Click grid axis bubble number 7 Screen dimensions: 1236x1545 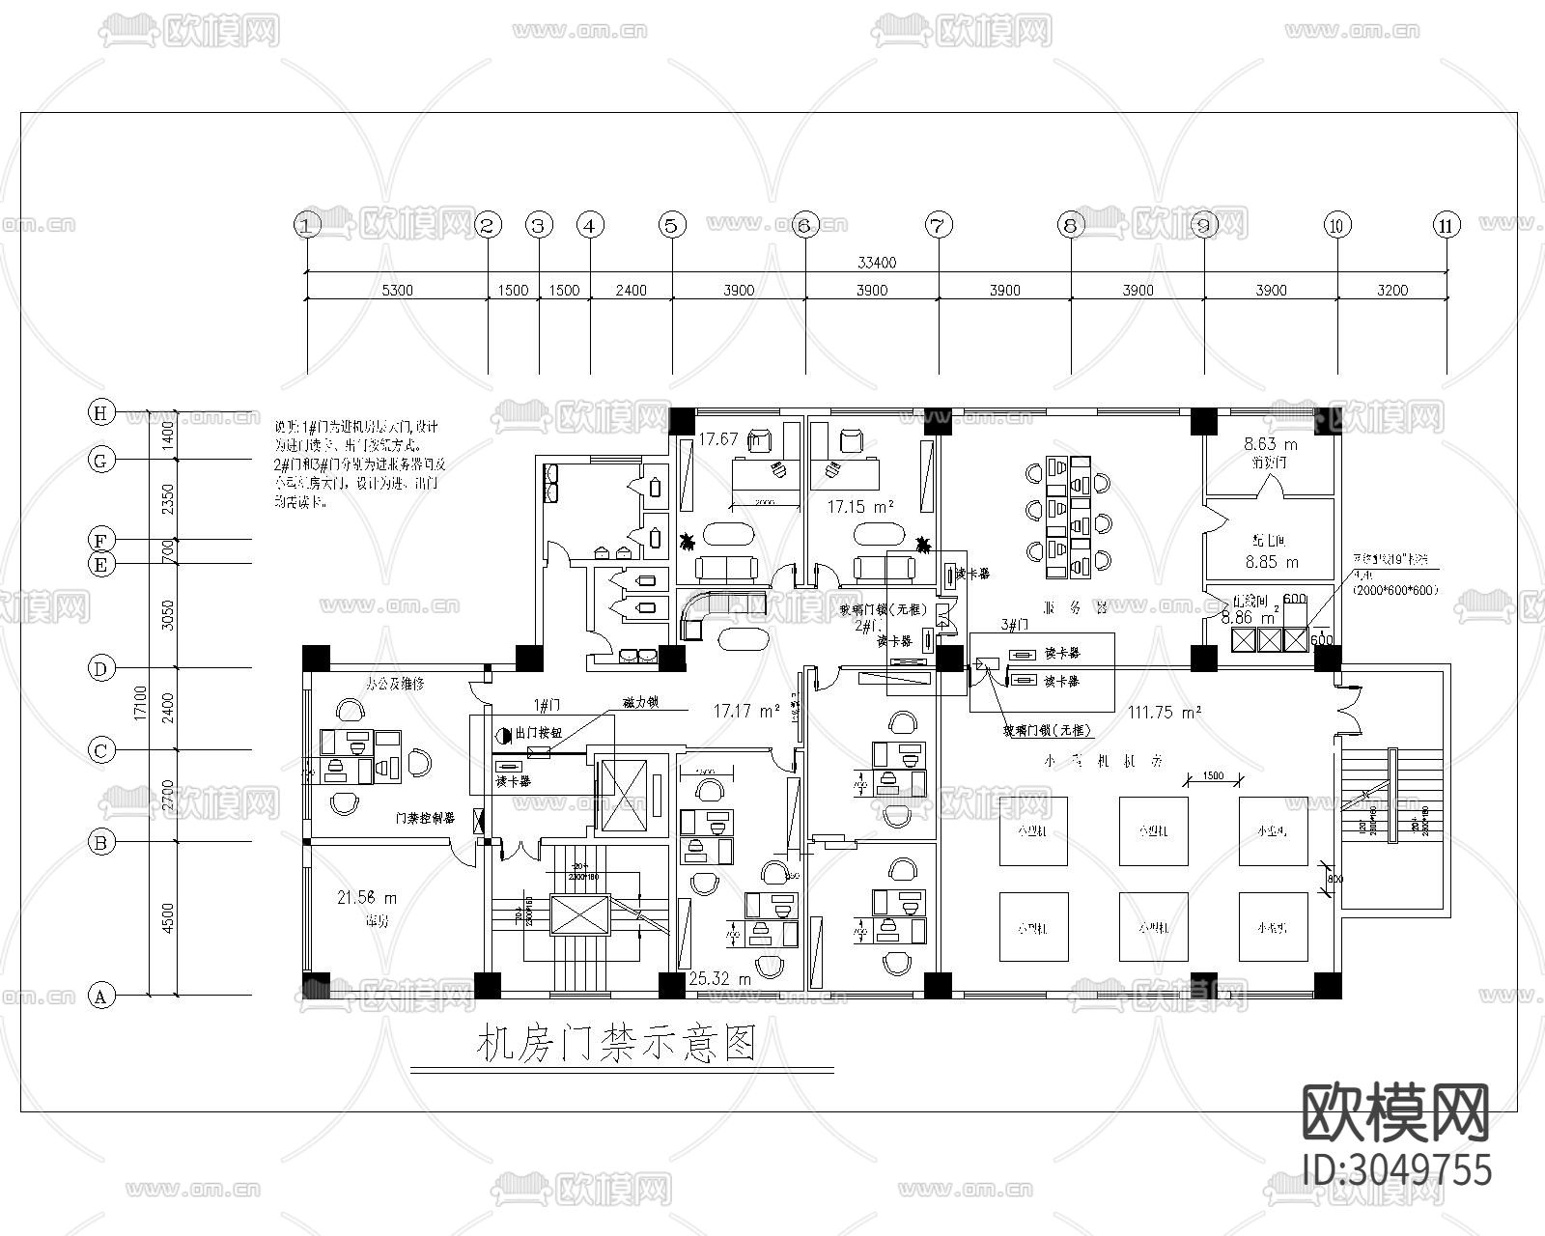click(938, 226)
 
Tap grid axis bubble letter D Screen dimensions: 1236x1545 click(100, 667)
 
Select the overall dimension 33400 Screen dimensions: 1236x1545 click(875, 262)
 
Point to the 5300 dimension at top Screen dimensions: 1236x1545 click(396, 290)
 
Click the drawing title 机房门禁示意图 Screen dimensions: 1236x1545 click(615, 1044)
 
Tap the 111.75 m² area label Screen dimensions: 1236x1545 click(1165, 712)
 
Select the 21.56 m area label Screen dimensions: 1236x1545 click(366, 898)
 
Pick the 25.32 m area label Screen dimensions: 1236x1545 click(719, 979)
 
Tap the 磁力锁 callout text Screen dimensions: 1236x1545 click(639, 704)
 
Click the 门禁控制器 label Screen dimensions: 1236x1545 click(425, 818)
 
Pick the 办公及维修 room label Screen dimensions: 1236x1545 click(394, 683)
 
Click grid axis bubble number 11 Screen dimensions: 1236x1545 click(1446, 226)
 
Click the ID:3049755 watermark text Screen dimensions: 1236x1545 click(1396, 1168)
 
